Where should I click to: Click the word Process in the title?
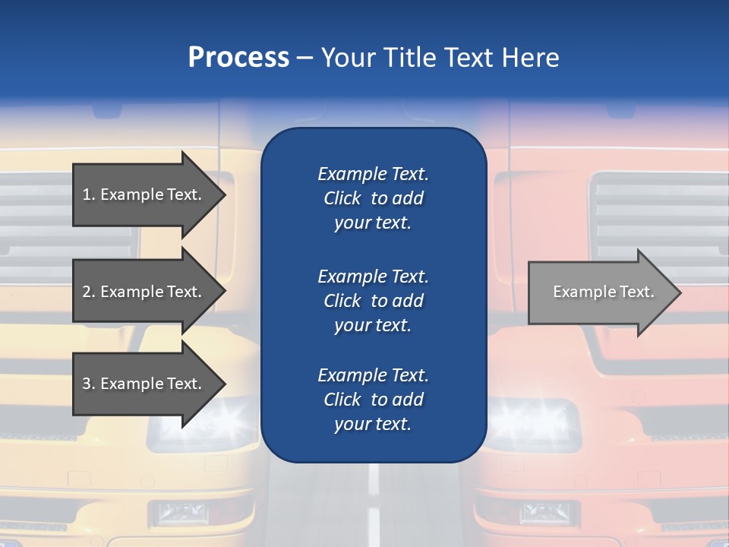coord(238,58)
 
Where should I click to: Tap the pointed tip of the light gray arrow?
coord(680,292)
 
